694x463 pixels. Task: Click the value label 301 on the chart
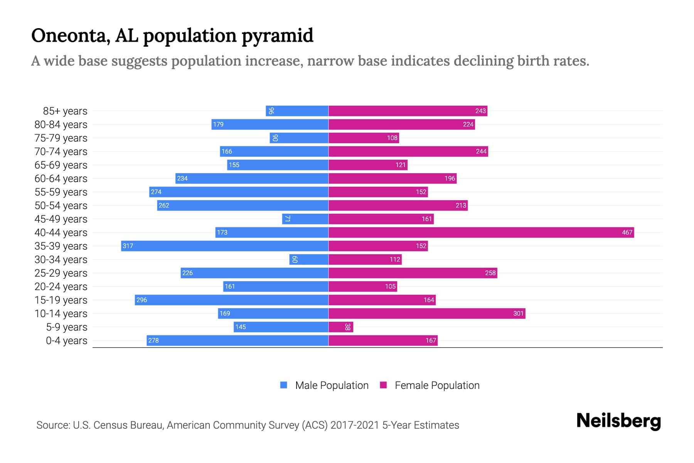(x=518, y=313)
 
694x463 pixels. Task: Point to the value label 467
(x=627, y=232)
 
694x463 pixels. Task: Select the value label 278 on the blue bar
(x=153, y=340)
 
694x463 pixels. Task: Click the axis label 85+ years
(x=65, y=111)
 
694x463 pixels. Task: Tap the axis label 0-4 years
(x=66, y=341)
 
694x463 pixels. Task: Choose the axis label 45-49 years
(x=61, y=219)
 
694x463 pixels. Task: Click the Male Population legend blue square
(x=284, y=385)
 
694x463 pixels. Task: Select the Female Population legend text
(x=437, y=385)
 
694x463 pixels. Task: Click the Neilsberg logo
(x=618, y=421)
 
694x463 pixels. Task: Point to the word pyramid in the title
(x=277, y=36)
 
